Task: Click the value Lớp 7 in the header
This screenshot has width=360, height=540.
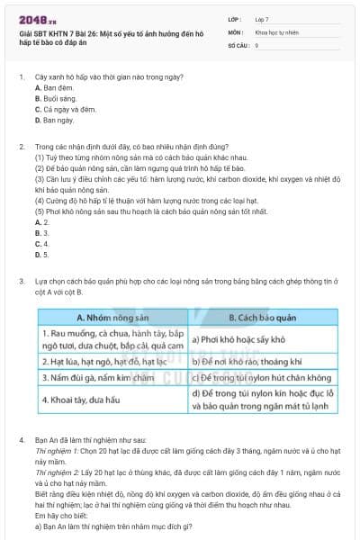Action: tap(263, 18)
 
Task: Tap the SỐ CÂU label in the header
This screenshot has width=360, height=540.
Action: tap(237, 44)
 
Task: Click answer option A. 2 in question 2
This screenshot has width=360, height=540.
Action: tap(41, 221)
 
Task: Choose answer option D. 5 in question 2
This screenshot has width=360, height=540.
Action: tap(41, 254)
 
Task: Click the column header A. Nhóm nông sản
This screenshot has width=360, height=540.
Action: tap(112, 318)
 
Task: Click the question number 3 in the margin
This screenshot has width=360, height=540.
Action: tap(22, 282)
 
